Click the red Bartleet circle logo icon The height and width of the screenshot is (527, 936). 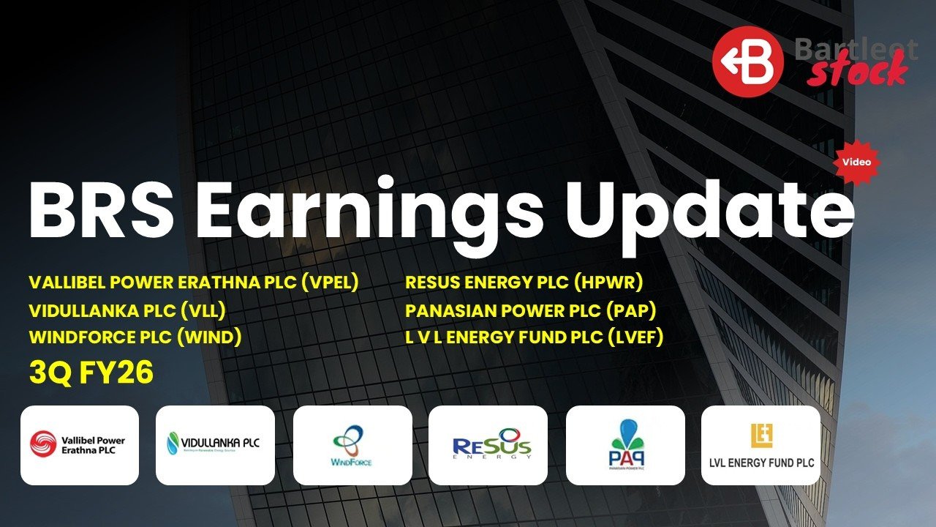pyautogui.click(x=748, y=61)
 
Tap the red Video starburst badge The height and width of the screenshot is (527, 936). pyautogui.click(x=856, y=162)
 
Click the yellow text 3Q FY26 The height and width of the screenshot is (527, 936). pyautogui.click(x=91, y=373)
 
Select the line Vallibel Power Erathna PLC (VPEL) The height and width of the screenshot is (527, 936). pyautogui.click(x=194, y=283)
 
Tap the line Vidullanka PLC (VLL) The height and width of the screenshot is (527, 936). pyautogui.click(x=127, y=310)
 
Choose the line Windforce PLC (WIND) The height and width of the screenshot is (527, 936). pyautogui.click(x=135, y=337)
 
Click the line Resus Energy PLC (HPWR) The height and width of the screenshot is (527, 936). pyautogui.click(x=524, y=283)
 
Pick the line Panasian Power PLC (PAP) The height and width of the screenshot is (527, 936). pyautogui.click(x=531, y=310)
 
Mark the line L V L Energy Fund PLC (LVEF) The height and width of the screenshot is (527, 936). pyautogui.click(x=534, y=337)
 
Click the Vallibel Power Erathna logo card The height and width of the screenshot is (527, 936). pyautogui.click(x=80, y=445)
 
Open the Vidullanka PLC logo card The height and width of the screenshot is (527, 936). pyautogui.click(x=215, y=445)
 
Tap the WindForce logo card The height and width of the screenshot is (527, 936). pyautogui.click(x=352, y=445)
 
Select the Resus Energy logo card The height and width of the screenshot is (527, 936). pyautogui.click(x=488, y=445)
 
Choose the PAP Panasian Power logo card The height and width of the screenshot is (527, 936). pyautogui.click(x=625, y=445)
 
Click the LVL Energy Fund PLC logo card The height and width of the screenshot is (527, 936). pyautogui.click(x=760, y=445)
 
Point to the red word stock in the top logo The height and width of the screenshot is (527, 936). pyautogui.click(x=856, y=73)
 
